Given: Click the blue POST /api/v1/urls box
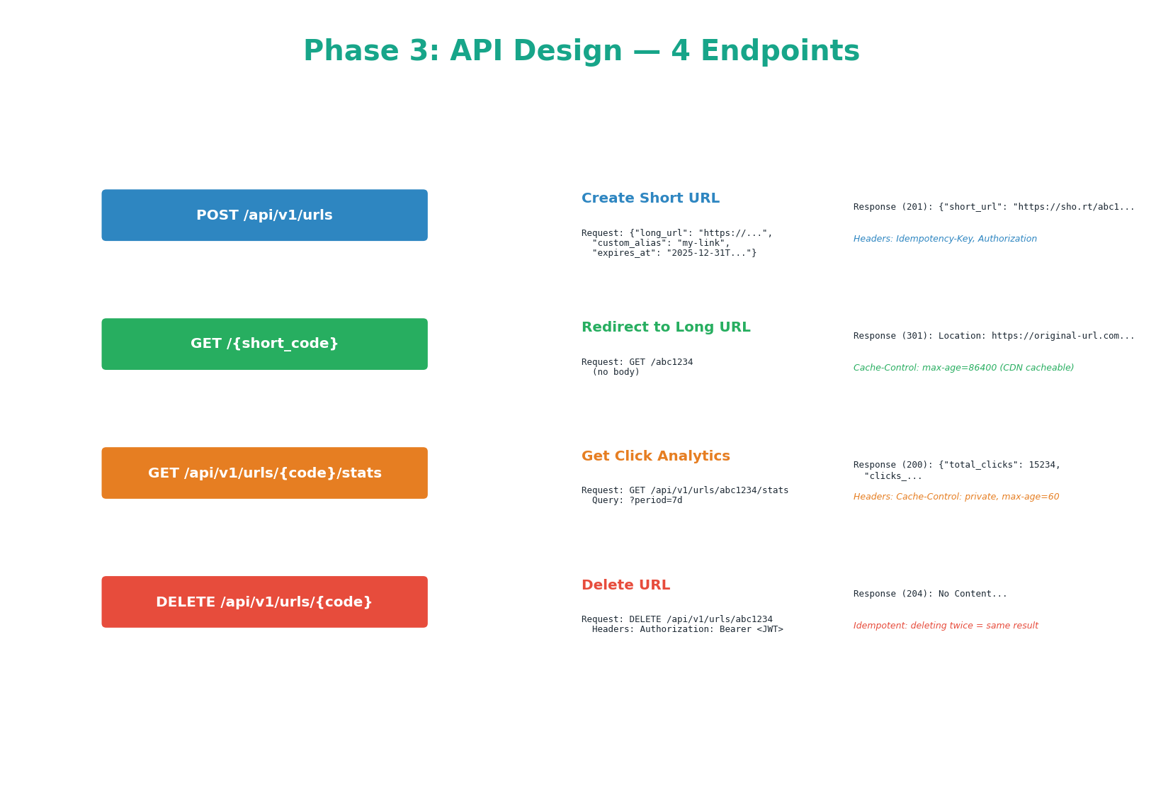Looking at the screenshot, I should tap(264, 215).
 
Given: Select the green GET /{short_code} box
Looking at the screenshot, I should tap(264, 344).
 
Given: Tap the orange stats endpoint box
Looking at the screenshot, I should tap(264, 473).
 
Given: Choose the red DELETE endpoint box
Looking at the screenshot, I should tap(264, 602).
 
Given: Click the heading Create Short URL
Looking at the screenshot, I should tap(650, 198).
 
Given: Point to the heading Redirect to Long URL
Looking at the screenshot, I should tap(665, 327).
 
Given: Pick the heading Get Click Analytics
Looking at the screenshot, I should tap(655, 456).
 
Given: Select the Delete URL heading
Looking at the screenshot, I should tap(625, 585).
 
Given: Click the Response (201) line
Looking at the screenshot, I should tap(993, 207).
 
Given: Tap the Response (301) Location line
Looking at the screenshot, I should tap(993, 336).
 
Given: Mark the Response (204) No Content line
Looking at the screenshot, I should tap(929, 594).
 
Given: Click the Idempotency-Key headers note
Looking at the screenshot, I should tap(944, 239).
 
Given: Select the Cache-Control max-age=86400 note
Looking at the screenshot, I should tap(963, 368).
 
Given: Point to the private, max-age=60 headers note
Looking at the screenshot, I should tap(956, 497).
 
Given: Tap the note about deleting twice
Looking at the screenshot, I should tap(945, 626).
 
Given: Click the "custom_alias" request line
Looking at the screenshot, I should tap(660, 243).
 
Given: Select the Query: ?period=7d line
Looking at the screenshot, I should tap(637, 500).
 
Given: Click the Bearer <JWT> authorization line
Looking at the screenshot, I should tap(687, 629).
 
